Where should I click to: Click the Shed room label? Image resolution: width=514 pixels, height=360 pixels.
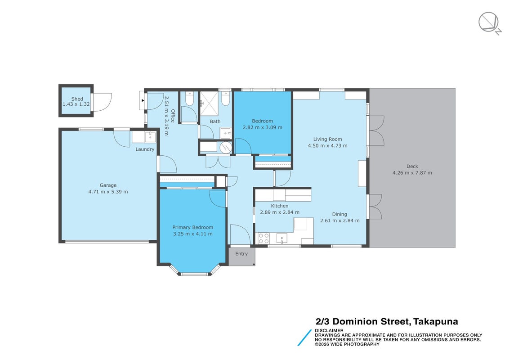point(77,99)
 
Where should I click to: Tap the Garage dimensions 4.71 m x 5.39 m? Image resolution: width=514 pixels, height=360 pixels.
point(108,192)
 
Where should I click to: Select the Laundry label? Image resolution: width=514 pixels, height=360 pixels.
point(145,149)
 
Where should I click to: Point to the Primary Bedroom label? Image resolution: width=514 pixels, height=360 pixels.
point(193,227)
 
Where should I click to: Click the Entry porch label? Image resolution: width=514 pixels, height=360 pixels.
point(241,254)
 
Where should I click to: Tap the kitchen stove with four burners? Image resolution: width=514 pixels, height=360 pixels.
point(264,238)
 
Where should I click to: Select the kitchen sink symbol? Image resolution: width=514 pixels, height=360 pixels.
point(282,238)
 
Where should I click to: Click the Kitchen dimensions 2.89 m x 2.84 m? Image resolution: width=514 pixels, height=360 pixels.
point(280,212)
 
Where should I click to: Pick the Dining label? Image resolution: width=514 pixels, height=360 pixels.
point(340,214)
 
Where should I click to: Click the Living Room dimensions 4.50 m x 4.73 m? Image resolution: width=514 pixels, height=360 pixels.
point(327,146)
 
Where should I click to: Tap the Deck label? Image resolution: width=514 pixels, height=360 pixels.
point(412,166)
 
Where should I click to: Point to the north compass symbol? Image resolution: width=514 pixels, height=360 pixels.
point(489,23)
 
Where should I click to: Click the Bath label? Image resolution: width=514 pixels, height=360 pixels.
point(215,121)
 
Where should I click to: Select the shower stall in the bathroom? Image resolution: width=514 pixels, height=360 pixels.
point(209,103)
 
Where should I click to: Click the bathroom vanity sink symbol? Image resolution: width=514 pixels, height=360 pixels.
point(226,134)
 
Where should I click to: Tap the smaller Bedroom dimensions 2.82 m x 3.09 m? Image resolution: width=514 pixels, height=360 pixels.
point(263,127)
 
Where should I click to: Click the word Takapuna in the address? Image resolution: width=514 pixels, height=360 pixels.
point(436,322)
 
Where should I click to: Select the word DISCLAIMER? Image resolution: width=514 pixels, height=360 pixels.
point(329,330)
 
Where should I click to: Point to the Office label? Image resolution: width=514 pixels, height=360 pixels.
point(173,116)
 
